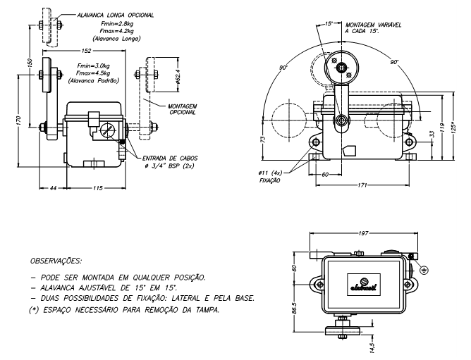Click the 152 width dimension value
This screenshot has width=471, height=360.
click(87, 51)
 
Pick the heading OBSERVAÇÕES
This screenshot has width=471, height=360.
click(60, 260)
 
